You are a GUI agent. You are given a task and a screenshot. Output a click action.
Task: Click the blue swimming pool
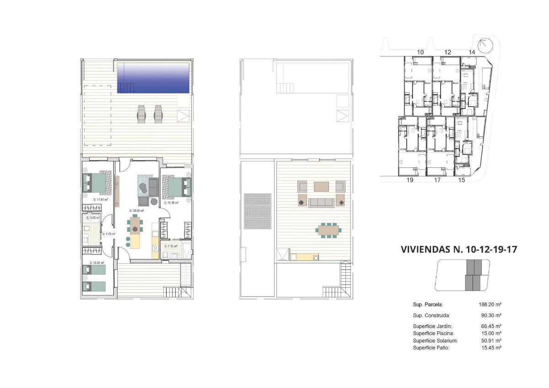pos(153,78)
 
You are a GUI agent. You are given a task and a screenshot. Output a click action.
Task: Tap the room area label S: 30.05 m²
pos(137,211)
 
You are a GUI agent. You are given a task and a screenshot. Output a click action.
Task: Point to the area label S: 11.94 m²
pos(100,200)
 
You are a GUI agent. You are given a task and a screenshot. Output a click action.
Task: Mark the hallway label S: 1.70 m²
pos(108,234)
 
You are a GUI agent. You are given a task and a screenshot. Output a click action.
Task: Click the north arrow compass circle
pos(484,45)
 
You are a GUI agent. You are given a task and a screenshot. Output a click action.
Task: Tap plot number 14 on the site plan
pos(472,52)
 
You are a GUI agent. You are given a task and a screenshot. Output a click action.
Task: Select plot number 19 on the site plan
pos(410,180)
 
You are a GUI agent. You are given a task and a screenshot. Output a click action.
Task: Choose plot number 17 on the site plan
pos(437,180)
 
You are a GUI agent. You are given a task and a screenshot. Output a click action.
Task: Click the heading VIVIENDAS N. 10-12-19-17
pos(459,250)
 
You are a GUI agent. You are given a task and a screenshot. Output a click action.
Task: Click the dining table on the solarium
pos(329,230)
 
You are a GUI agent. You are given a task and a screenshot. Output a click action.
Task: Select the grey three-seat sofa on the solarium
pos(321,202)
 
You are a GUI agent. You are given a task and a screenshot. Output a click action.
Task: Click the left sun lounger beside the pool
pos(141,114)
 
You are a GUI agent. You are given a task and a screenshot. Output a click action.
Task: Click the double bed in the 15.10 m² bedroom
pos(178,186)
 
